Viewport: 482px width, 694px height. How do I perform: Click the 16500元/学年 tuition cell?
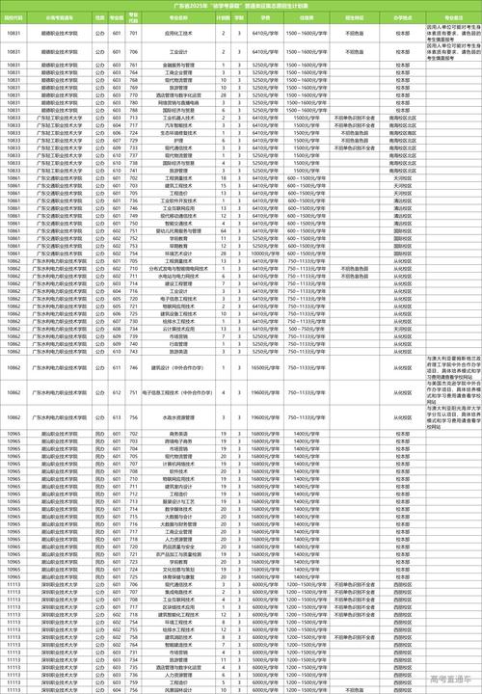[265, 340]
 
